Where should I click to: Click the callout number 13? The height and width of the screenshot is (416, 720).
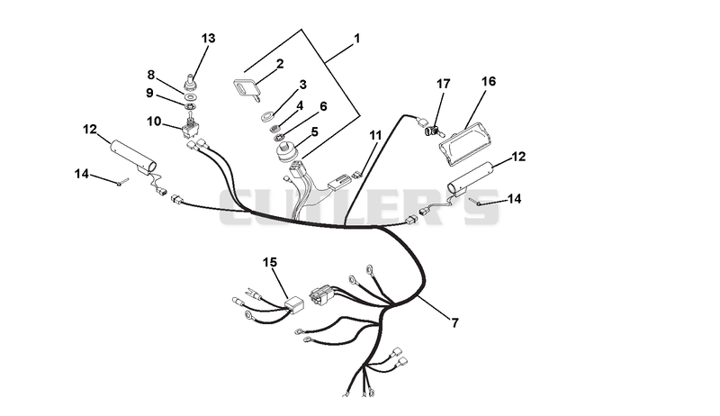point(208,38)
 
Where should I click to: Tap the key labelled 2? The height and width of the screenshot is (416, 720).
point(247,88)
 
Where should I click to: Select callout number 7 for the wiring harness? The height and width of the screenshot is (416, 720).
point(454,322)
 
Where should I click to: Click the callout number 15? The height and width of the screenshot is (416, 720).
point(270,262)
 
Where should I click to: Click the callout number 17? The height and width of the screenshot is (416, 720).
point(443,84)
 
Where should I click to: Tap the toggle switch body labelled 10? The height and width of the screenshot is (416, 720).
point(190,129)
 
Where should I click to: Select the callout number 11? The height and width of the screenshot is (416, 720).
point(375,135)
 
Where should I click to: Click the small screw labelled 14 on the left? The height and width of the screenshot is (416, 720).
point(122,182)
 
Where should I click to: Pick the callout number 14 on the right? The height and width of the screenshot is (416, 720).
point(514,199)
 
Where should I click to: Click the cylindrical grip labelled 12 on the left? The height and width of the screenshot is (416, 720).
point(133,157)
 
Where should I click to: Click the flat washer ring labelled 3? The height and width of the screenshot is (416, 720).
point(266,116)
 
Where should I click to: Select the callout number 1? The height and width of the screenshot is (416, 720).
point(356,38)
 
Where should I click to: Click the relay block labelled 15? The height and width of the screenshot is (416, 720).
point(295,305)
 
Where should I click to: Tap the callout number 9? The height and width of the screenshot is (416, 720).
point(149,93)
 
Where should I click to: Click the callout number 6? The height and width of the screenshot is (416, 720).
point(323,106)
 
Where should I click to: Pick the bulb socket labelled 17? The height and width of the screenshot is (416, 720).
point(432,131)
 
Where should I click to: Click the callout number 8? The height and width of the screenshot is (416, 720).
point(151,75)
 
